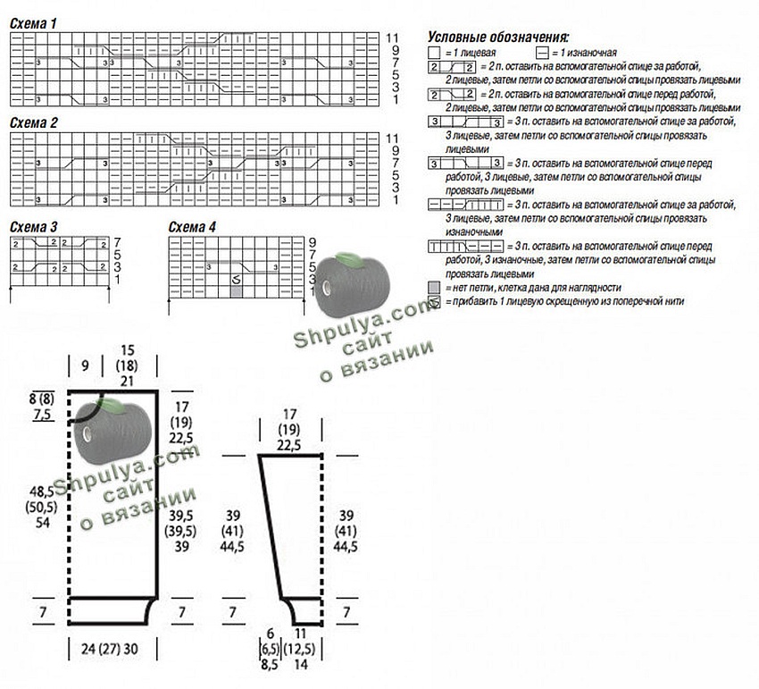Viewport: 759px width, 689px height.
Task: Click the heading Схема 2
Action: [34, 122]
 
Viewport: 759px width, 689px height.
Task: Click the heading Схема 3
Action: [34, 227]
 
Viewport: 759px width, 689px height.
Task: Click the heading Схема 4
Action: [192, 227]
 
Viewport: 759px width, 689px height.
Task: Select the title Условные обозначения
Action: [498, 38]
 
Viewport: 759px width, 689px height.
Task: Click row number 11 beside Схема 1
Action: [391, 38]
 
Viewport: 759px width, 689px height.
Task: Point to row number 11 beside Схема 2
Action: [391, 139]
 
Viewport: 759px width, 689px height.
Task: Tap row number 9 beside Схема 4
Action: [312, 242]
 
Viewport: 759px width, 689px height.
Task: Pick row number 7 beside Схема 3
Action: [117, 242]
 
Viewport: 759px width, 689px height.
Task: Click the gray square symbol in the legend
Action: [434, 288]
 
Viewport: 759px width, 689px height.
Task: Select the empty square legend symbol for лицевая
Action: [434, 54]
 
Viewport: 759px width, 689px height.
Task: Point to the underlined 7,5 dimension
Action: [42, 415]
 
